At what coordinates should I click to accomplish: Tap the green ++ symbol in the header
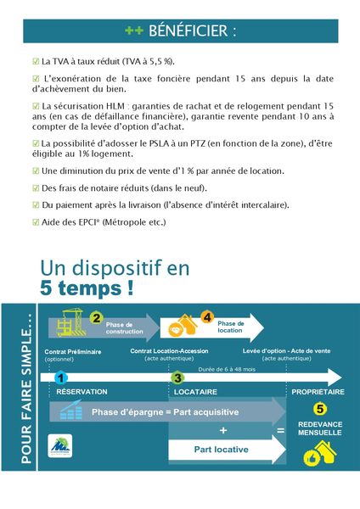(x=133, y=31)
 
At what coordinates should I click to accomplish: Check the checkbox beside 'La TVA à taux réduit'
(x=35, y=62)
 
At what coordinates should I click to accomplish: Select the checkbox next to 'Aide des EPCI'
(x=35, y=222)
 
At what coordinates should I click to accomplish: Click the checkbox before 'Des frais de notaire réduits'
(x=35, y=187)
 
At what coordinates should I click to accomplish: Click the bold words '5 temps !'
(x=87, y=288)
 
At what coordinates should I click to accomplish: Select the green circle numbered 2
(x=96, y=318)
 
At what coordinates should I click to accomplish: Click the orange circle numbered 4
(x=207, y=318)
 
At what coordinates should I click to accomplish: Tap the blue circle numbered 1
(x=59, y=377)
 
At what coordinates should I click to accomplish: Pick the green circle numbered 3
(x=177, y=378)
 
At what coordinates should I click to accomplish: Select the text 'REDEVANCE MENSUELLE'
(x=320, y=427)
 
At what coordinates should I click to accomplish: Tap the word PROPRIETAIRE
(x=318, y=392)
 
